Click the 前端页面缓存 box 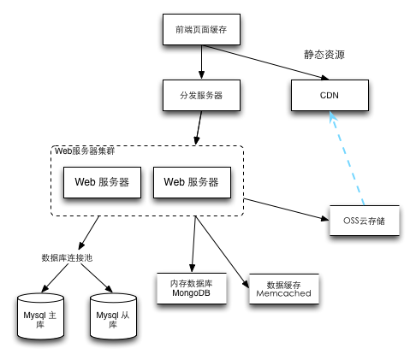coord(201,29)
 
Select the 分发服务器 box coord(201,95)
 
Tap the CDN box coord(330,95)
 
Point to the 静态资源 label coord(324,55)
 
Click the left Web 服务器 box coord(102,182)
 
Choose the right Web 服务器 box coord(192,182)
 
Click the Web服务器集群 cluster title coord(85,151)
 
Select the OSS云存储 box coord(365,221)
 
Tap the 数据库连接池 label coord(67,258)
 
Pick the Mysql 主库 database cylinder coord(40,316)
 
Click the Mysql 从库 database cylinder coord(113,316)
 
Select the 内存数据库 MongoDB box coord(192,288)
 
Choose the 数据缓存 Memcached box coord(284,289)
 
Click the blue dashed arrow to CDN coord(347,158)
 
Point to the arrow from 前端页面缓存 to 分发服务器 coord(202,62)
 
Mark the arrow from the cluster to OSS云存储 coord(287,210)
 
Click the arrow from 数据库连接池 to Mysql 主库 coord(55,278)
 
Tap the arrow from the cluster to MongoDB coord(193,244)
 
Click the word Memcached coord(283,293)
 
